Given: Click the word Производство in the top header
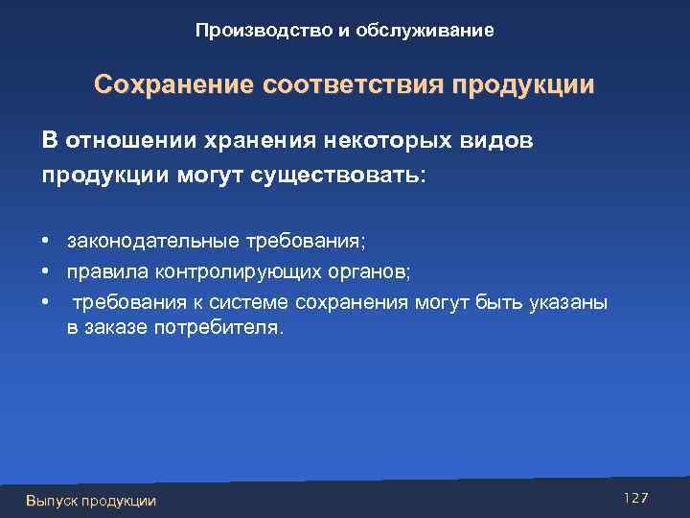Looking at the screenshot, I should (x=256, y=32).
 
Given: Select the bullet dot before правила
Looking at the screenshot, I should (x=45, y=272).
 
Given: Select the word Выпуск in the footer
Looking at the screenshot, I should (x=52, y=500).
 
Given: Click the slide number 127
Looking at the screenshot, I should (x=635, y=497).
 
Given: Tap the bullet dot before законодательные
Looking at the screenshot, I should (x=45, y=237).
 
